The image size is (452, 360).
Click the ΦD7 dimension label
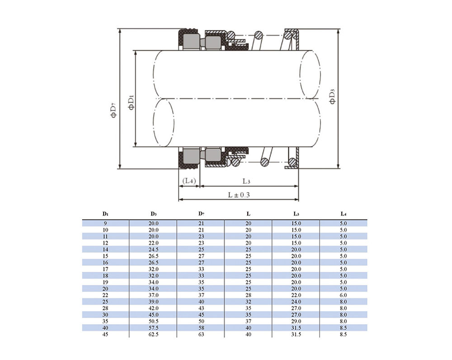point(113,110)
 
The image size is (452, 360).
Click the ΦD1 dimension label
point(131,102)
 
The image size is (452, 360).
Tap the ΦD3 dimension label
point(332,97)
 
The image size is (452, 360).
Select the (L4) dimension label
point(189,181)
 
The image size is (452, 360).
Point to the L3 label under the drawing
point(246,181)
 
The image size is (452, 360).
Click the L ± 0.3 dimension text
point(239,195)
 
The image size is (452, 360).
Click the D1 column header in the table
point(105,214)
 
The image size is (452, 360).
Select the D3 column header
point(153,214)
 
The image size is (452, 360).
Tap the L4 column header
point(343,214)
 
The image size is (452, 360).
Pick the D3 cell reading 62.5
point(153,334)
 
